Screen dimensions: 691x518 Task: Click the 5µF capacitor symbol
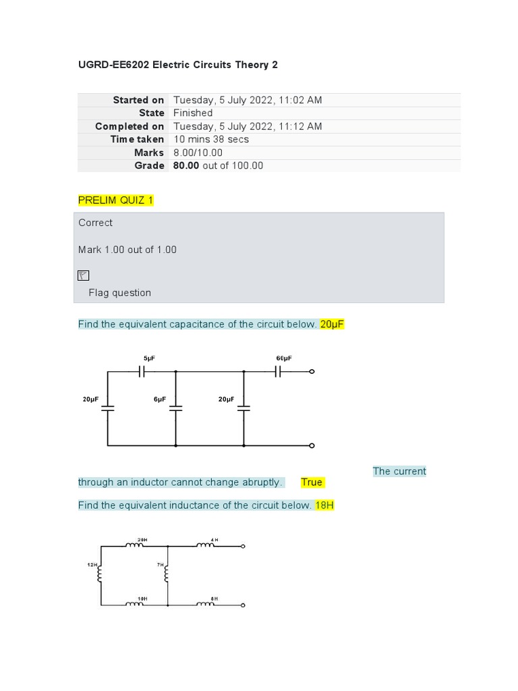[x=142, y=371]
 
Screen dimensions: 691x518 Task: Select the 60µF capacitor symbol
[x=278, y=371]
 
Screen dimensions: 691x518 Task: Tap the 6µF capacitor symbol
[x=176, y=408]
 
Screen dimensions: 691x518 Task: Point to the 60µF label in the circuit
[x=284, y=358]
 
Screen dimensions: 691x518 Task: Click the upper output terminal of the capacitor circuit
[x=312, y=371]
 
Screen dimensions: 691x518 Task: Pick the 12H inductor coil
[x=101, y=574]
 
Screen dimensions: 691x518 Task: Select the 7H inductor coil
[x=167, y=574]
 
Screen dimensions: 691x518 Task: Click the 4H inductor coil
[x=206, y=546]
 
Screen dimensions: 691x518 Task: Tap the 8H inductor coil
[x=206, y=604]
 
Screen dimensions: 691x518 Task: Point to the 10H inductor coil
[x=135, y=604]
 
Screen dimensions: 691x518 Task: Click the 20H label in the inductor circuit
[x=142, y=540]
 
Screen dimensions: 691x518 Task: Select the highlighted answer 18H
[x=324, y=505]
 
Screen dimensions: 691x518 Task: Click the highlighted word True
[x=312, y=482]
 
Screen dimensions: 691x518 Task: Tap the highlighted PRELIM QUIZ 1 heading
[x=115, y=200]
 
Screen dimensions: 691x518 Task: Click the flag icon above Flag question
[x=83, y=275]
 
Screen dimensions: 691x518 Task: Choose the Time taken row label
[x=137, y=139]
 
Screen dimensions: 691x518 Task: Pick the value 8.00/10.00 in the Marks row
[x=198, y=153]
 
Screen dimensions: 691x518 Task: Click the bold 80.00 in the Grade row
[x=185, y=165]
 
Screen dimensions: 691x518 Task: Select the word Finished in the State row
[x=193, y=113]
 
